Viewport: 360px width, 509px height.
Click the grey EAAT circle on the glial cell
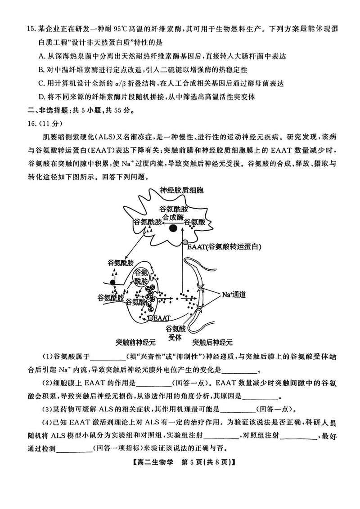point(184,243)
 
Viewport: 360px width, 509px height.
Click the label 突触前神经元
point(135,342)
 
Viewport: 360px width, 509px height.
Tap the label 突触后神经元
point(212,342)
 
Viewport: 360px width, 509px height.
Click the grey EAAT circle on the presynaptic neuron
point(151,318)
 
